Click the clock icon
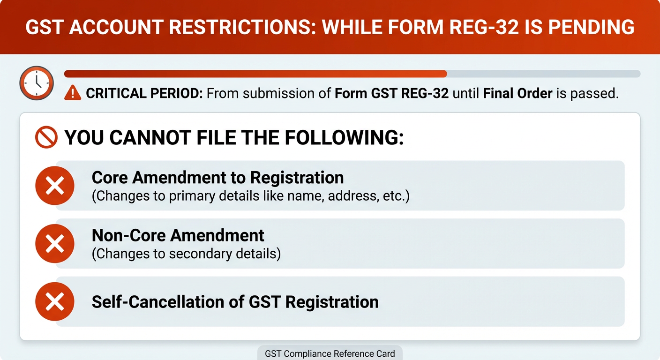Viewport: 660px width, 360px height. pyautogui.click(x=36, y=82)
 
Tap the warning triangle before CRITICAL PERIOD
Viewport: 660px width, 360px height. pyautogui.click(x=73, y=93)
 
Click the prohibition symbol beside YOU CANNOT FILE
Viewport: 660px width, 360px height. pyautogui.click(x=46, y=137)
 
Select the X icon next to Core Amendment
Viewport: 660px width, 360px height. pyautogui.click(x=55, y=186)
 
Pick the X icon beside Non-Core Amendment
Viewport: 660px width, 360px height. pyautogui.click(x=55, y=244)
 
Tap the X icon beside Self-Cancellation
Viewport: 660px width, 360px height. pyautogui.click(x=55, y=301)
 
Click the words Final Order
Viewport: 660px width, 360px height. pyautogui.click(x=517, y=93)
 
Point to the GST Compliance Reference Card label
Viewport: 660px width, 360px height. pyautogui.click(x=330, y=353)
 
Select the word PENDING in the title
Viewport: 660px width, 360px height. pyautogui.click(x=592, y=27)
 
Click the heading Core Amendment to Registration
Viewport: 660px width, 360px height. pyautogui.click(x=217, y=178)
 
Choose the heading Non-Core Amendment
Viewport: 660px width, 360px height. pyautogui.click(x=178, y=235)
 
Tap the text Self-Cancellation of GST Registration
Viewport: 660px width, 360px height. pyautogui.click(x=235, y=301)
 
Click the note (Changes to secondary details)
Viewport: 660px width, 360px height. pyautogui.click(x=186, y=254)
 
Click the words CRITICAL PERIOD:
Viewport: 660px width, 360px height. pyautogui.click(x=144, y=93)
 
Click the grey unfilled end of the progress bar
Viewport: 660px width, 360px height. pyautogui.click(x=544, y=74)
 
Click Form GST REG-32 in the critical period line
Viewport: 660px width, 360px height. pyautogui.click(x=391, y=93)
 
